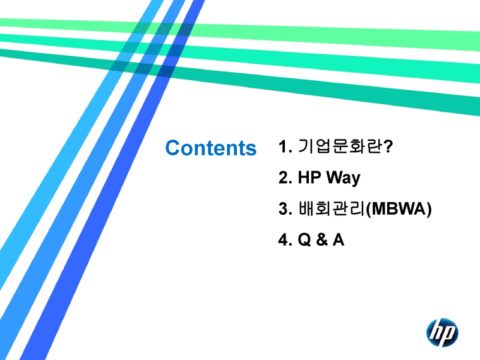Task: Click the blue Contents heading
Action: (210, 148)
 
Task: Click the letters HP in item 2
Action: (309, 178)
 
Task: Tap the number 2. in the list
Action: (285, 178)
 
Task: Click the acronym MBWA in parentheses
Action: (399, 209)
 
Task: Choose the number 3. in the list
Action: (285, 209)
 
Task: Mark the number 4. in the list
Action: (285, 240)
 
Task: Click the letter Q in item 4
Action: (306, 240)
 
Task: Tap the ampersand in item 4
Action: (323, 240)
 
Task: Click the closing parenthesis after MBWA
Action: (429, 209)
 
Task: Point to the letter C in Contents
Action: (172, 148)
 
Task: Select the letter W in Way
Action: (334, 178)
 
